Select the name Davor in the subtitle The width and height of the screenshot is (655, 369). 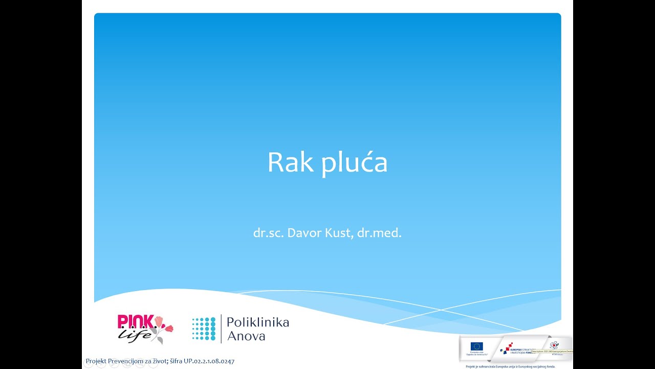point(304,233)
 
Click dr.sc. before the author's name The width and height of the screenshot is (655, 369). point(269,233)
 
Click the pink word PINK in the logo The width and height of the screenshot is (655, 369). point(136,321)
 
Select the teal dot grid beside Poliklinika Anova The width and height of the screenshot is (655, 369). point(204,329)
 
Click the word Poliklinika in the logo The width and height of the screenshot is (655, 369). point(257,322)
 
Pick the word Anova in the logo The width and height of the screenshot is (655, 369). point(246,336)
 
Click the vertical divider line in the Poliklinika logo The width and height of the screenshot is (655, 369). point(221,329)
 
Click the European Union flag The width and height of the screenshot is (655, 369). point(476,346)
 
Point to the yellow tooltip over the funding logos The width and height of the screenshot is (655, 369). point(552,352)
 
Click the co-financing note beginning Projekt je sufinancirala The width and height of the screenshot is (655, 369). point(510,366)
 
